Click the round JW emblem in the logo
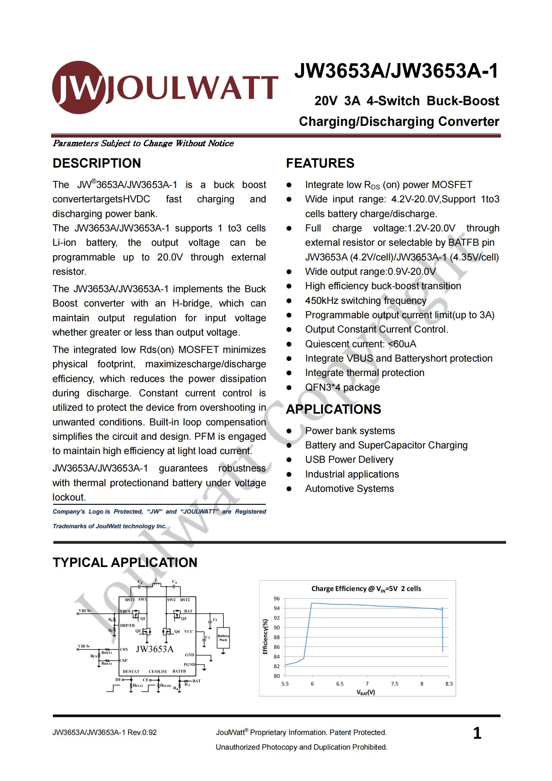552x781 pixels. [78, 87]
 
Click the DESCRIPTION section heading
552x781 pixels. [97, 163]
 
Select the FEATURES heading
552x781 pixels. [320, 163]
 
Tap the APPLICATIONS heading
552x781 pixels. [333, 409]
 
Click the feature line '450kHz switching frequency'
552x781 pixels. [365, 301]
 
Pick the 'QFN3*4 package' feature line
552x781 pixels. [342, 387]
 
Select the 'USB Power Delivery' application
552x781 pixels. [349, 459]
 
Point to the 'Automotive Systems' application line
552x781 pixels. [349, 489]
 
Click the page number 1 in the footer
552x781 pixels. [477, 733]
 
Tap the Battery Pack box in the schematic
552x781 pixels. [223, 638]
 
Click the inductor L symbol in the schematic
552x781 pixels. [157, 585]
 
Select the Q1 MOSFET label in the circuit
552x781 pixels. [143, 618]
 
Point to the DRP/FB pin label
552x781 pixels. [127, 625]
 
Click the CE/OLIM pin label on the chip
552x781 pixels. [158, 671]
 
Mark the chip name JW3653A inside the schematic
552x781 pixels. [155, 649]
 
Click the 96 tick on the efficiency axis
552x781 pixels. [277, 599]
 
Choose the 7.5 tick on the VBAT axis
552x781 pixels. [394, 684]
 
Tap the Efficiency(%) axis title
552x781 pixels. [265, 636]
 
